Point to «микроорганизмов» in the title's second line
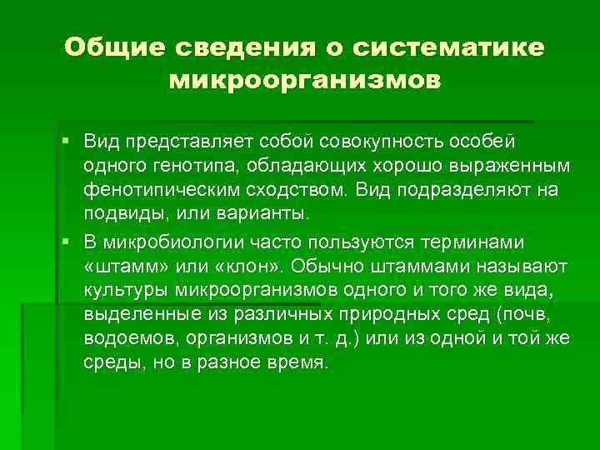[304, 82]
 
